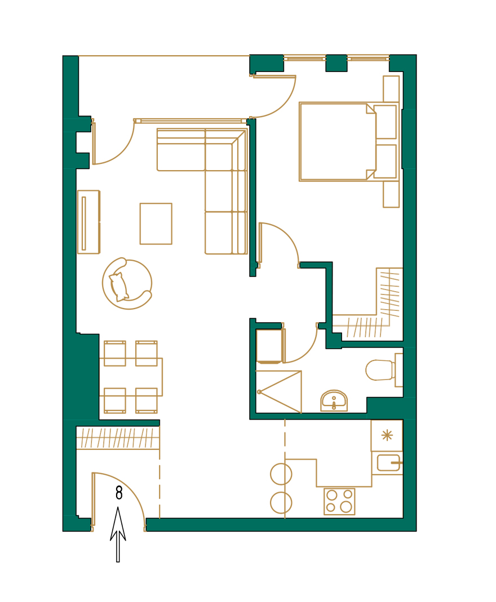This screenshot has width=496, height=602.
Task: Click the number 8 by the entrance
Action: (x=119, y=493)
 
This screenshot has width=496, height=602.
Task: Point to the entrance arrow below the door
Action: (x=118, y=535)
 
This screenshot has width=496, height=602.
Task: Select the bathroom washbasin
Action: (x=334, y=401)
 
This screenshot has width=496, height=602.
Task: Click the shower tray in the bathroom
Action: (x=278, y=392)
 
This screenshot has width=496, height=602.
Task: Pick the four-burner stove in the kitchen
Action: (x=339, y=501)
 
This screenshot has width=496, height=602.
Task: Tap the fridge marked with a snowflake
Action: (x=387, y=435)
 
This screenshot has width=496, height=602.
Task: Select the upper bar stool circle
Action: (x=281, y=474)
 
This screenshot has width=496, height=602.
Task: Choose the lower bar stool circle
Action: (x=281, y=502)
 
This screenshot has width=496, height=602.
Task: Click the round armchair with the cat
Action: (x=127, y=284)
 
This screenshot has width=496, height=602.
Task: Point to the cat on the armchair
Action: (x=119, y=286)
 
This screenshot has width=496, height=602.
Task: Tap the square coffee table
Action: (x=156, y=224)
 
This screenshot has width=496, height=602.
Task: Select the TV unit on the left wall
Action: (x=88, y=222)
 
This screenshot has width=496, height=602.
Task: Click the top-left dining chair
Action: (x=114, y=354)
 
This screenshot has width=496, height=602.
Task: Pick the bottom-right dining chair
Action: (x=146, y=400)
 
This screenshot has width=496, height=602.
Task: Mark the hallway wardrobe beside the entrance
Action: (x=118, y=438)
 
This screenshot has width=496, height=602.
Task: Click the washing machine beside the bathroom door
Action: (x=269, y=346)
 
